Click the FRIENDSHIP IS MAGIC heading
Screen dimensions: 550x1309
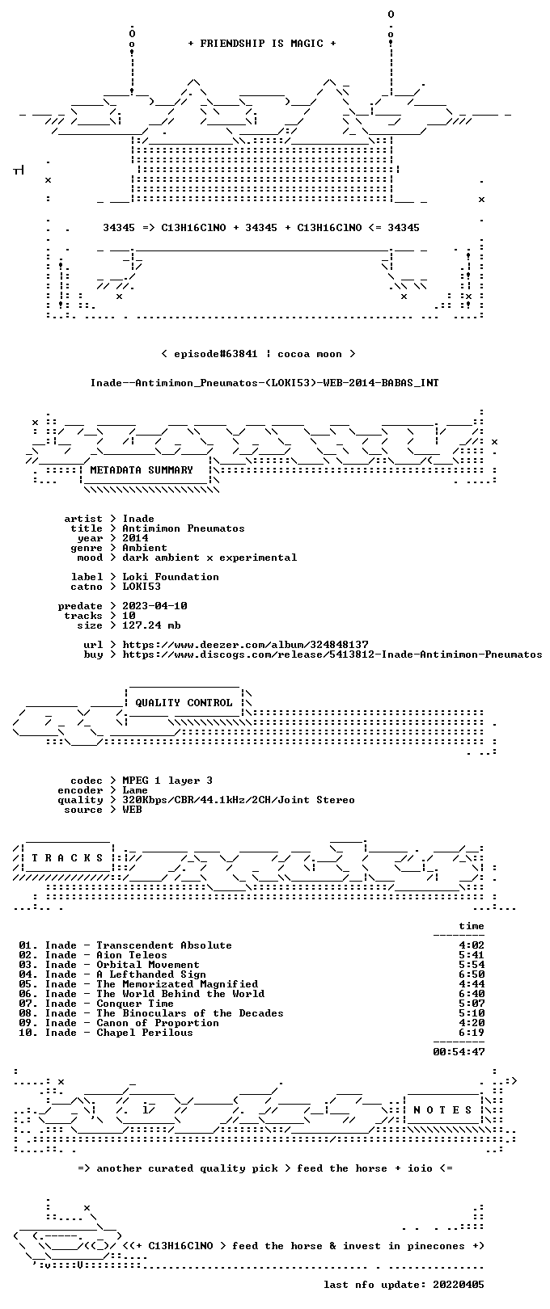point(261,44)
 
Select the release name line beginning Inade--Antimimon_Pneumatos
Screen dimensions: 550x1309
point(264,383)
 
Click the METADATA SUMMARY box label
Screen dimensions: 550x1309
point(142,469)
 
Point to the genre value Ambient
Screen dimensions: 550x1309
point(145,548)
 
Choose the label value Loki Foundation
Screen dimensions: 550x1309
point(171,577)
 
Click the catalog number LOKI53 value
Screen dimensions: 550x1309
point(142,586)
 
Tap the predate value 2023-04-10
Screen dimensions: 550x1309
point(154,605)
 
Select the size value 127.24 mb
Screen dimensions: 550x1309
point(151,625)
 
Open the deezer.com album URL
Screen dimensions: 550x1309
point(245,645)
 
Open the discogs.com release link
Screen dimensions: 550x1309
point(332,654)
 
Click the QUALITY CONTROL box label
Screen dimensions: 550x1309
point(184,702)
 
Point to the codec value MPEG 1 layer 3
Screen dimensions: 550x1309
point(167,780)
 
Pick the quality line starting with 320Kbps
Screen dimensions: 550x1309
point(238,800)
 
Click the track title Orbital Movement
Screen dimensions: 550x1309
point(148,964)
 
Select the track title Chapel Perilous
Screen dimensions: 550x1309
point(145,1033)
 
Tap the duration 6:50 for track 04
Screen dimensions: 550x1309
point(472,974)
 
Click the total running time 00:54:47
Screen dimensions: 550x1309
point(459,1052)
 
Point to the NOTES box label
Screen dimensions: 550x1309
point(442,1109)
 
